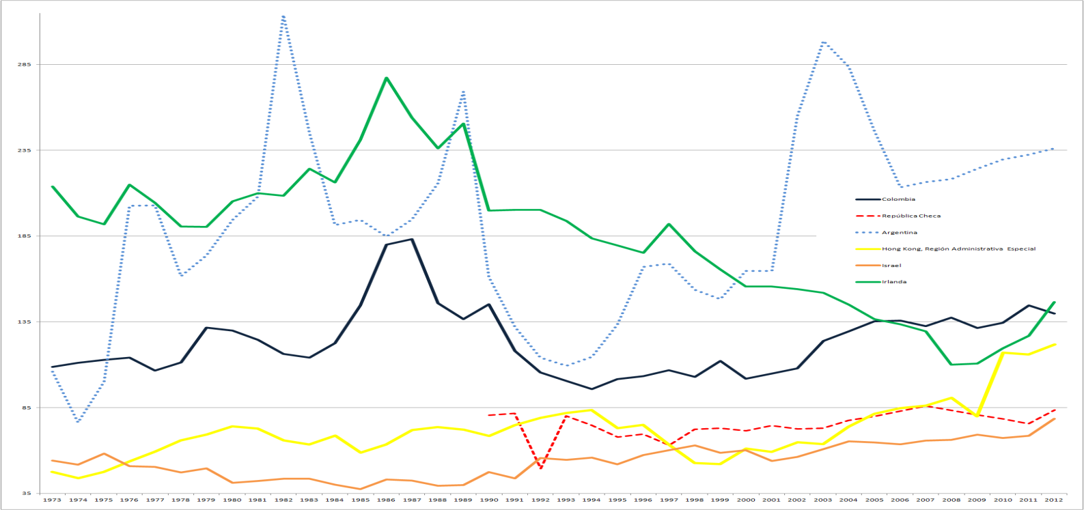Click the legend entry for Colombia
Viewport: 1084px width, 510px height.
(898, 199)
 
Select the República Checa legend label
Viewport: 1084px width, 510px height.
(911, 216)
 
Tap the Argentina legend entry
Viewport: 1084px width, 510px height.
(900, 233)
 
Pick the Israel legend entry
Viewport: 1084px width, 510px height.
(891, 266)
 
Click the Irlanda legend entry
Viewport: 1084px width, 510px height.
(894, 282)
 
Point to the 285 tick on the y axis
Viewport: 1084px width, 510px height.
(23, 65)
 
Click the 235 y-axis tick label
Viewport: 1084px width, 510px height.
(23, 150)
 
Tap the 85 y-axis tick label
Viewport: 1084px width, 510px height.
(25, 408)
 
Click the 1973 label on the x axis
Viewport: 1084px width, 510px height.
(52, 500)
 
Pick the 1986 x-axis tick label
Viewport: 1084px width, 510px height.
(386, 500)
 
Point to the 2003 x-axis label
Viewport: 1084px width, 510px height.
(823, 500)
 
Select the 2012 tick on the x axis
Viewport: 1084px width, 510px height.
(1054, 500)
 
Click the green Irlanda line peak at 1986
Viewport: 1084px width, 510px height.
(387, 78)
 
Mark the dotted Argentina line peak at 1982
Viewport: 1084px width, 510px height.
(283, 16)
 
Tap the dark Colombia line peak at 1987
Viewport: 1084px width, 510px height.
(412, 239)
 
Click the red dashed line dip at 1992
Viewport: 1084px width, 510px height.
(541, 468)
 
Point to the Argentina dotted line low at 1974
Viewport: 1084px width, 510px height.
(78, 422)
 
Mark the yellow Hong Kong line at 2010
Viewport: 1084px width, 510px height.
(1003, 352)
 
